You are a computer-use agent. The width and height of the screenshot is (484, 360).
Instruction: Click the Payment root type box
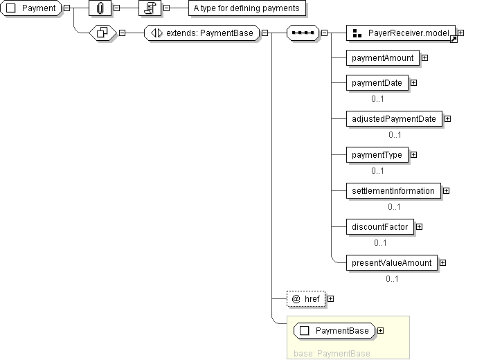click(x=33, y=8)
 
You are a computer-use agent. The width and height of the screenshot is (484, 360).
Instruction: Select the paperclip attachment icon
click(x=100, y=8)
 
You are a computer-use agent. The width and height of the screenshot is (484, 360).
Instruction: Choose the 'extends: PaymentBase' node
click(x=201, y=33)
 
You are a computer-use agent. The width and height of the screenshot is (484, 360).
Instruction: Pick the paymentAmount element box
click(x=382, y=57)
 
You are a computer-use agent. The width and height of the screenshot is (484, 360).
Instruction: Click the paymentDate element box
click(x=377, y=83)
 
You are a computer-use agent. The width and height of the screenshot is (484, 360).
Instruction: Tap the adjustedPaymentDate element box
click(x=393, y=119)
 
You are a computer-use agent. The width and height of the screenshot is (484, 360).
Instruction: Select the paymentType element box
click(x=377, y=155)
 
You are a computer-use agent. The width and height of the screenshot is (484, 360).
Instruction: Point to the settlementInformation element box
click(x=393, y=191)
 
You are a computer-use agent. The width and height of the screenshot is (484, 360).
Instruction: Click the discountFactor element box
click(x=379, y=226)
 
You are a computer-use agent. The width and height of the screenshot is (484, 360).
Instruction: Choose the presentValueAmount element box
click(x=391, y=263)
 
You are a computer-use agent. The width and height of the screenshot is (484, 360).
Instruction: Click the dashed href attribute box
click(x=305, y=298)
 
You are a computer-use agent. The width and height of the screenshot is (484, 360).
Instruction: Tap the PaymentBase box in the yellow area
click(x=334, y=331)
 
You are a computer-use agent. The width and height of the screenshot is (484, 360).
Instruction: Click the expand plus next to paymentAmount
click(x=424, y=57)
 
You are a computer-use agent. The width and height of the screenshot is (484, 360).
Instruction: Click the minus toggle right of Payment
click(x=66, y=8)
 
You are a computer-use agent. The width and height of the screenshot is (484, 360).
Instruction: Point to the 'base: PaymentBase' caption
click(x=332, y=354)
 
